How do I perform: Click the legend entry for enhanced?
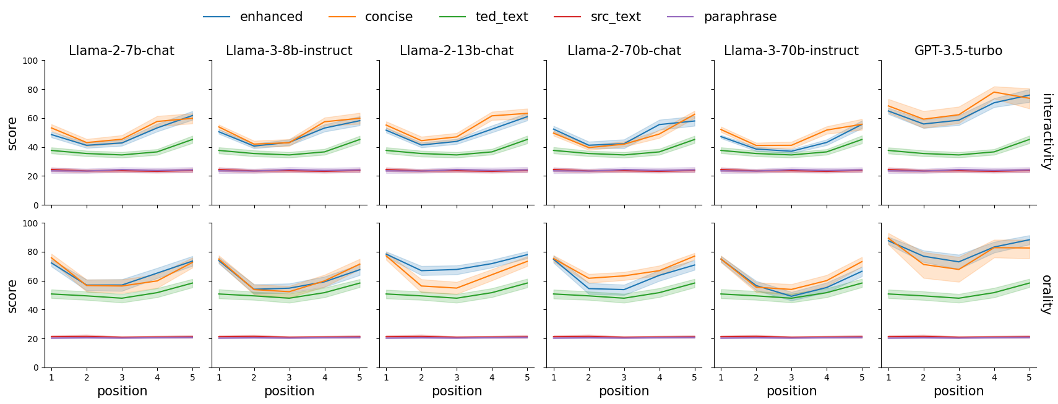[252, 17]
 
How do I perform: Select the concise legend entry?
[370, 17]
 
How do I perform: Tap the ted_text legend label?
[484, 17]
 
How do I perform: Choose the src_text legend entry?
[597, 17]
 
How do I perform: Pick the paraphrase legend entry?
[721, 17]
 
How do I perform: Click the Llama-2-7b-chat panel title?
[121, 51]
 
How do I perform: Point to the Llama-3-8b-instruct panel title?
[289, 51]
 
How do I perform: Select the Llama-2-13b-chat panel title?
[457, 51]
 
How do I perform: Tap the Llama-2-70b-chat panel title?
[624, 51]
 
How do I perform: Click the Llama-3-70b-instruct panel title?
[791, 51]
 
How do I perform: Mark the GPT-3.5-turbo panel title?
[958, 51]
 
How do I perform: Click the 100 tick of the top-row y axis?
[30, 61]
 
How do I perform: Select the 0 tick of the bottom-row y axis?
[36, 367]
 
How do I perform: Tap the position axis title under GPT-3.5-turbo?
[959, 391]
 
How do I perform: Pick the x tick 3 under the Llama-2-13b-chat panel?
[457, 377]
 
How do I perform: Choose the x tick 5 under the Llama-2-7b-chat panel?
[192, 377]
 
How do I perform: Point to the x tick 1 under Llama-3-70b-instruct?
[721, 377]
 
